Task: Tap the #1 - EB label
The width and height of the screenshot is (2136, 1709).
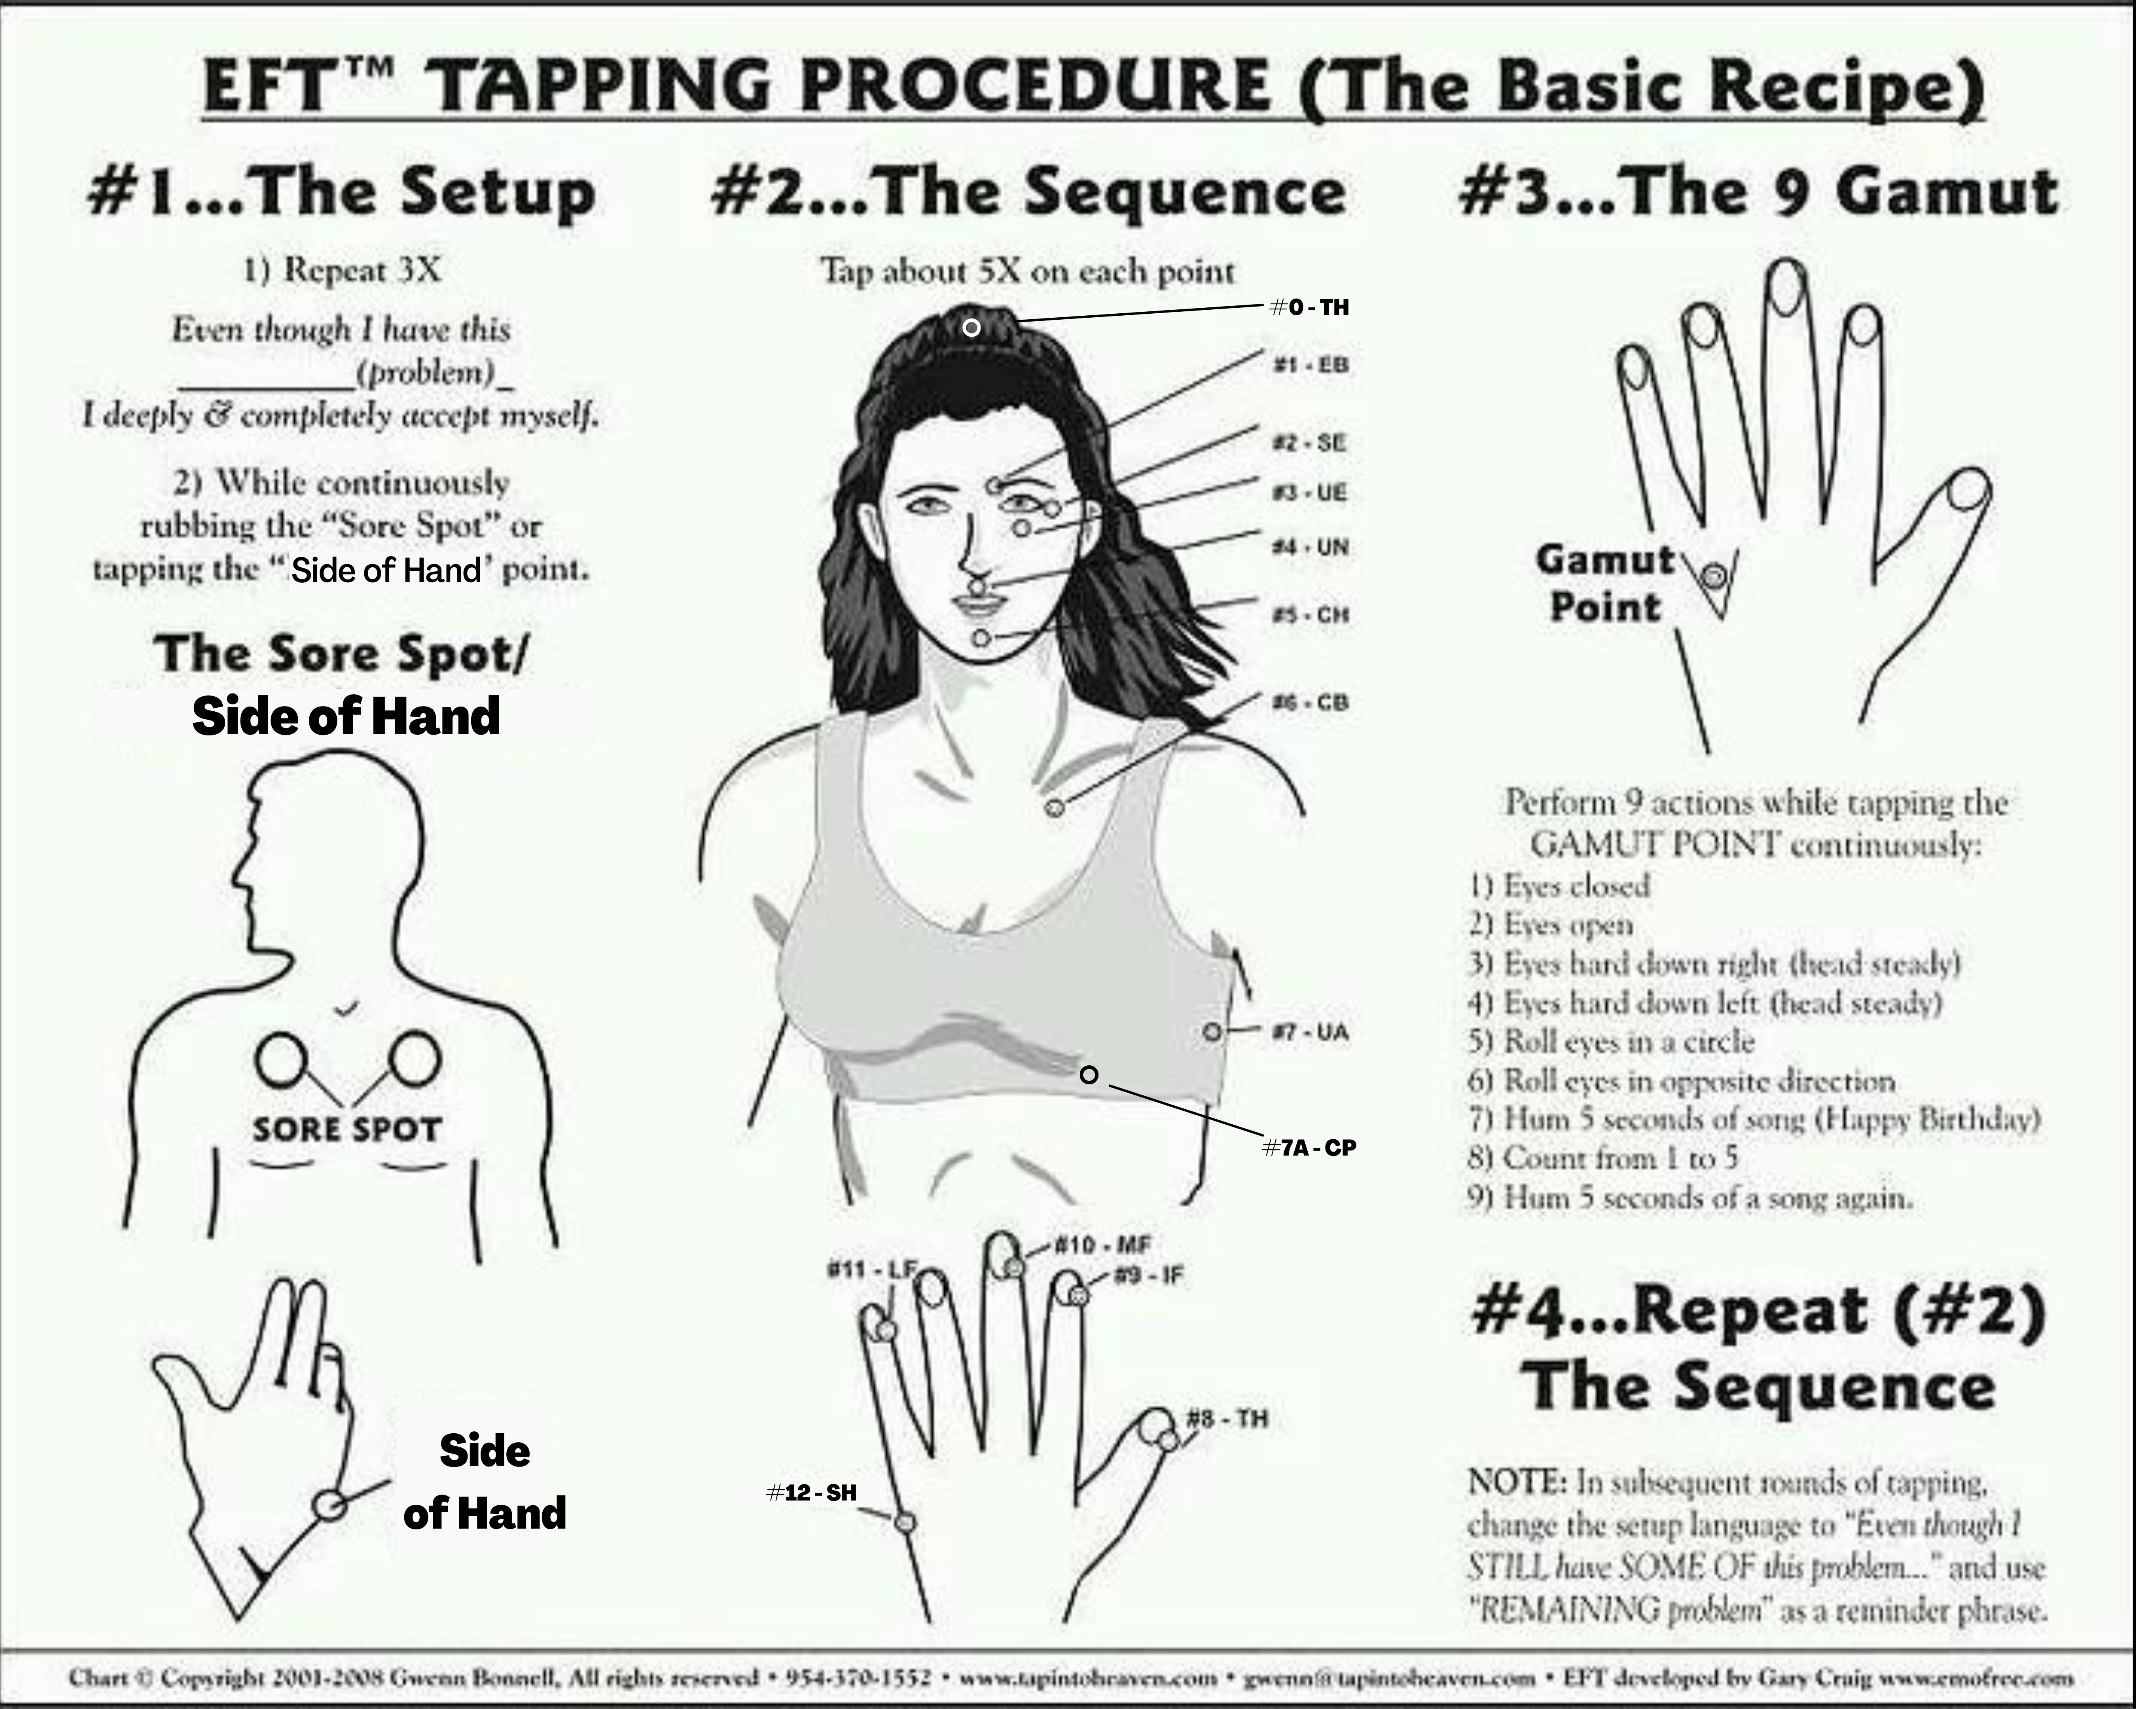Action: pos(1310,365)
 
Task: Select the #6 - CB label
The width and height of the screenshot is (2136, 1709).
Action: pos(1310,703)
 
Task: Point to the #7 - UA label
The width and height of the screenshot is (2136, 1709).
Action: pos(1310,1033)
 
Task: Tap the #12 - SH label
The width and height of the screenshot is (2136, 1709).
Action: pos(811,1492)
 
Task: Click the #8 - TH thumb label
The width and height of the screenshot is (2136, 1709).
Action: pos(1227,1419)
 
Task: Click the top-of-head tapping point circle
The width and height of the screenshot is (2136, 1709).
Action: pos(972,327)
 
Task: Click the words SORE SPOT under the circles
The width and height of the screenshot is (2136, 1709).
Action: pos(346,1129)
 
